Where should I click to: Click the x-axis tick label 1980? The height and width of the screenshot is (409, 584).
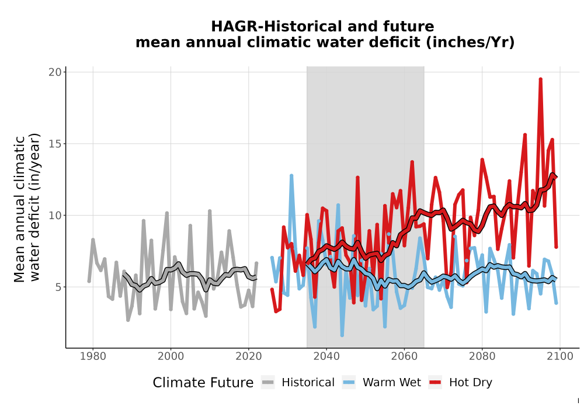[93, 356]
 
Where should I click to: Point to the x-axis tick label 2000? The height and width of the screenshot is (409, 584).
[171, 356]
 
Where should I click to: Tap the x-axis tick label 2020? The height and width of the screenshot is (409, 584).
[248, 356]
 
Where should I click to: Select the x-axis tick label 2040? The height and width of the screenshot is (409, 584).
[326, 356]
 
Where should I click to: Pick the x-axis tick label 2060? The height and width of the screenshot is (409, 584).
[404, 356]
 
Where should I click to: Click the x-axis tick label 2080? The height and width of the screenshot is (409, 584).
[482, 356]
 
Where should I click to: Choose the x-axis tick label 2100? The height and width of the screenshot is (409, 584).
[560, 356]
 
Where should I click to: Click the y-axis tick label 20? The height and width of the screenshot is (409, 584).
[55, 72]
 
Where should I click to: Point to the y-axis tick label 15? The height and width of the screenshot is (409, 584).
[55, 144]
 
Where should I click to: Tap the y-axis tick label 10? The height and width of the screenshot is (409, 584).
[55, 216]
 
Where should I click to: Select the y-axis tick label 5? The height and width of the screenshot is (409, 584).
[58, 287]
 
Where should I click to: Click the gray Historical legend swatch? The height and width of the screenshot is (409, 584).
[268, 383]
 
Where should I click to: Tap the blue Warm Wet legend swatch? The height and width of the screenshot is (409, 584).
[349, 383]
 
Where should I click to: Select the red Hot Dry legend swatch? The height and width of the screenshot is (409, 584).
[435, 383]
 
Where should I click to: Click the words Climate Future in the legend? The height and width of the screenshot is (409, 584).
[203, 383]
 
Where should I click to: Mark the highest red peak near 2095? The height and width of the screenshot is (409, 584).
[540, 79]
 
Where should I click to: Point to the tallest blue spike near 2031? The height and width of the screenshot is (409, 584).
[291, 175]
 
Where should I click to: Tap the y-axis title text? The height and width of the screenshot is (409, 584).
[26, 207]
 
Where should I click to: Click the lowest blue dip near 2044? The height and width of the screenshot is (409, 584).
[342, 335]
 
